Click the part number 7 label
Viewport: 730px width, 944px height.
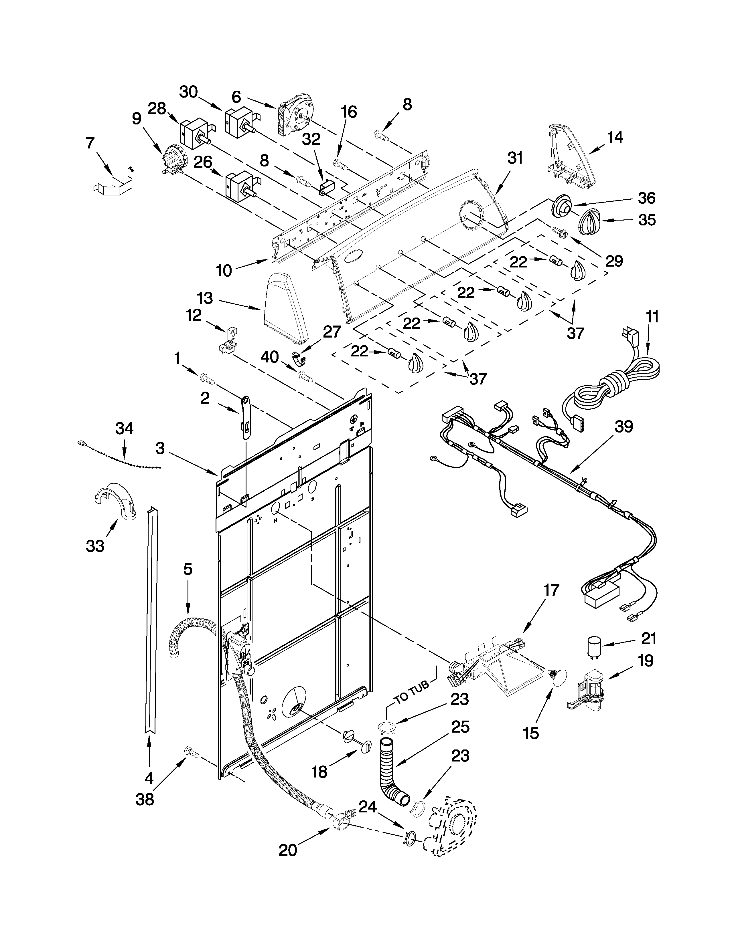90,143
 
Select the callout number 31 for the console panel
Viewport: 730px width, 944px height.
515,159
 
